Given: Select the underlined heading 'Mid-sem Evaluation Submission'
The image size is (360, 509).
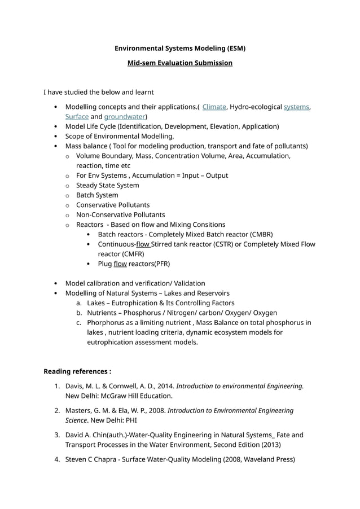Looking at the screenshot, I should click(x=179, y=63).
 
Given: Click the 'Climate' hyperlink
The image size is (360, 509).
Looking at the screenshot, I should click(x=214, y=107).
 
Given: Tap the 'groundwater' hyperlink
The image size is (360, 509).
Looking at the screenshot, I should click(x=125, y=117).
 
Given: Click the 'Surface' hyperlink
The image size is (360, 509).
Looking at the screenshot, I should click(x=77, y=117).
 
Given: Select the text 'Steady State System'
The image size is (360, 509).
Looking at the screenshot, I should click(x=107, y=185).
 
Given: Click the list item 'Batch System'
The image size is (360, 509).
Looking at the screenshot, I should click(x=97, y=195).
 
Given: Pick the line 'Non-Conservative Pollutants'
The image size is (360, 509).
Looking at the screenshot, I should click(x=120, y=214).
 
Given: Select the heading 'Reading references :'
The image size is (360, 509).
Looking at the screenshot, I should click(x=77, y=371).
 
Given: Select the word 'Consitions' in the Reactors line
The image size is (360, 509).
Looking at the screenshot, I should click(x=205, y=225).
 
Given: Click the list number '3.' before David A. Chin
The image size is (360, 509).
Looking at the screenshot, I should click(x=57, y=435).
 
